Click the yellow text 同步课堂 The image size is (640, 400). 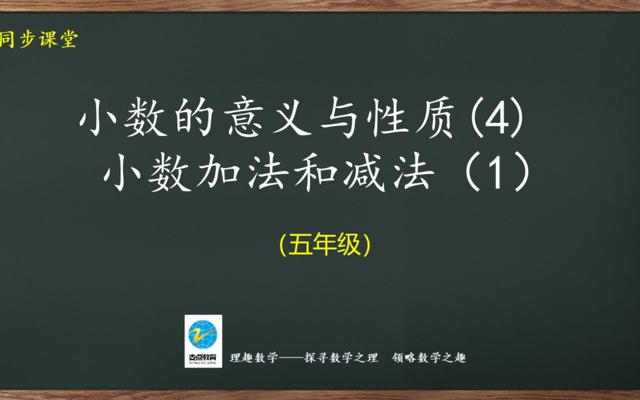point(39,39)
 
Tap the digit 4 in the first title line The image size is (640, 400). point(498,118)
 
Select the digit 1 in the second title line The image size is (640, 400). point(496,173)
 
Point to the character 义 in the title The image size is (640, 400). point(292,117)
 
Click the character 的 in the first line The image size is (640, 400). point(194,117)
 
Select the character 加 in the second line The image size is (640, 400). point(219,172)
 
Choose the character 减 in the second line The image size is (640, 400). point(364,172)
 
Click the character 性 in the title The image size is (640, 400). point(388,117)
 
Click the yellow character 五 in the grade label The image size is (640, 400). point(300,245)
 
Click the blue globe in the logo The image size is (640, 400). point(203,334)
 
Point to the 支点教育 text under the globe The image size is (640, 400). point(202,357)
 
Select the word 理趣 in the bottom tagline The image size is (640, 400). point(241,358)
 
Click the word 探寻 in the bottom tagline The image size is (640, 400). point(316,358)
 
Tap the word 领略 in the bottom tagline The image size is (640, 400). point(404,358)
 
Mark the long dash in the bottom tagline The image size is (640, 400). point(291,358)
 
